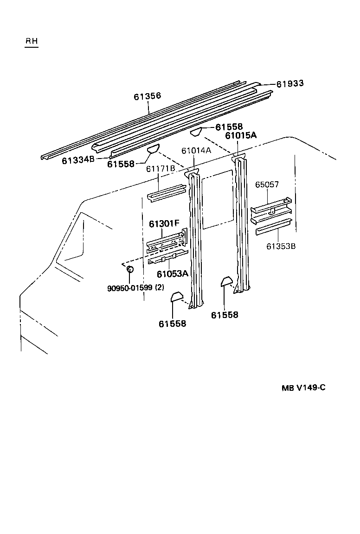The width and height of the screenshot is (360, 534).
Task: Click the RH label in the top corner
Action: [32, 41]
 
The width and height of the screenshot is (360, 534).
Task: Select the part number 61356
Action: [148, 96]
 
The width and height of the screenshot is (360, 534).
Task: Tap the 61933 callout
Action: [290, 83]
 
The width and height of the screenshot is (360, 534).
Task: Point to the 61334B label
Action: [78, 160]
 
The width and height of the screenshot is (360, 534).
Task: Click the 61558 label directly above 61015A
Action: [229, 127]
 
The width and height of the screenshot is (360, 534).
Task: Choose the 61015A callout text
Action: [241, 136]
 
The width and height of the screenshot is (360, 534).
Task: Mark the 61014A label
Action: [196, 151]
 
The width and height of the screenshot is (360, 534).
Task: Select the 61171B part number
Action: [161, 168]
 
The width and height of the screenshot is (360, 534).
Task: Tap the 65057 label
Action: [267, 184]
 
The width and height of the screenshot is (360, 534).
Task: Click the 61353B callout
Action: [281, 246]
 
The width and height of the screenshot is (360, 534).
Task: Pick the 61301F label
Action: [164, 224]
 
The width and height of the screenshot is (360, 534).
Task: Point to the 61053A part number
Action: [173, 274]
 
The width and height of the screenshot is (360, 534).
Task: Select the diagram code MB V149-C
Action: [303, 388]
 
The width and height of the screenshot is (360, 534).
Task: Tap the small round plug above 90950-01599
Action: [130, 269]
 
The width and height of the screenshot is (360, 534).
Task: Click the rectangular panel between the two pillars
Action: [217, 200]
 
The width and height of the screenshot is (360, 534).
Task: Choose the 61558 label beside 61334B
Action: [121, 164]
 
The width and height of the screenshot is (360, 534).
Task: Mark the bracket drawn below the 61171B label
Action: [166, 193]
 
